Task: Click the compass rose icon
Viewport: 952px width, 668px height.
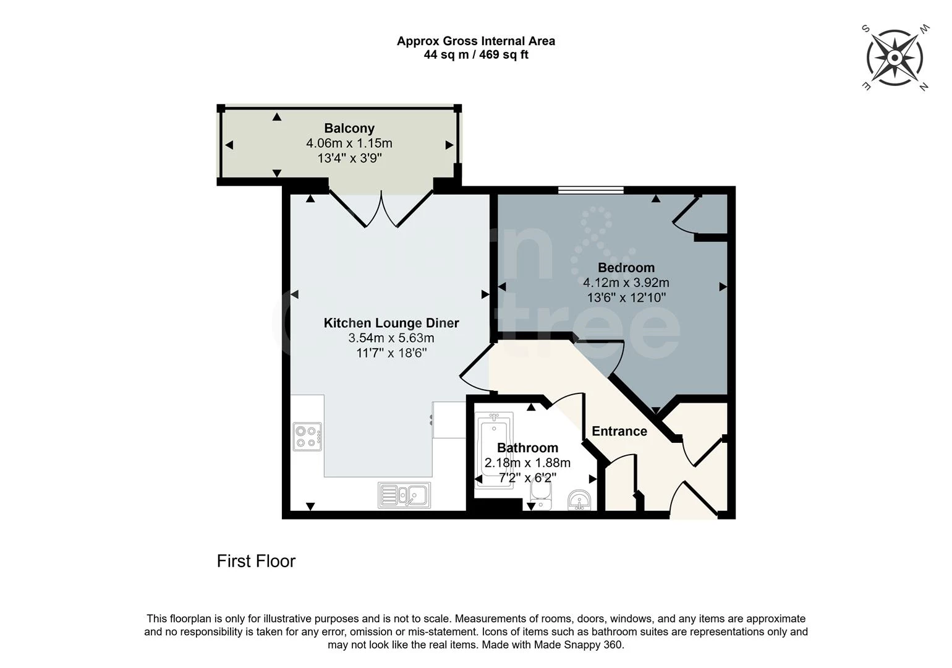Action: [x=895, y=58]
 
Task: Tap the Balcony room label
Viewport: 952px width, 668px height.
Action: [x=349, y=129]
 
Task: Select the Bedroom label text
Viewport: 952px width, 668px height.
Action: [x=626, y=268]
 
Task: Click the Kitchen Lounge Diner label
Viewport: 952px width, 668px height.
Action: [x=391, y=323]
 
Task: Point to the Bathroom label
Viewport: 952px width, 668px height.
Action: [x=527, y=448]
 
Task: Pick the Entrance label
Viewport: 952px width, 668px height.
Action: [x=619, y=431]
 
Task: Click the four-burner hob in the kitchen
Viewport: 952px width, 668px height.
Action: [x=307, y=436]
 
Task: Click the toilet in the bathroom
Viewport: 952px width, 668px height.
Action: [x=541, y=495]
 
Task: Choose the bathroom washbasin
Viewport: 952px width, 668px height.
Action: [x=579, y=500]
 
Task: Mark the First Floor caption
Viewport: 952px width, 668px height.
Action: [x=256, y=561]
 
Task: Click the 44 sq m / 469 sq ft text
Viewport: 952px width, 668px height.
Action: [x=476, y=54]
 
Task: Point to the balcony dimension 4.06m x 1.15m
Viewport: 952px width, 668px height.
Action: [x=349, y=143]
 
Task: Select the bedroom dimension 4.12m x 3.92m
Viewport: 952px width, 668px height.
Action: [x=626, y=283]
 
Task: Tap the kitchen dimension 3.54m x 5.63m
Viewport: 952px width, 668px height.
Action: [x=391, y=338]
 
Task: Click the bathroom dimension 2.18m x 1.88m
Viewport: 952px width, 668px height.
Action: [x=527, y=463]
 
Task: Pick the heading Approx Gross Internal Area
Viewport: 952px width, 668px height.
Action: [x=476, y=41]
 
